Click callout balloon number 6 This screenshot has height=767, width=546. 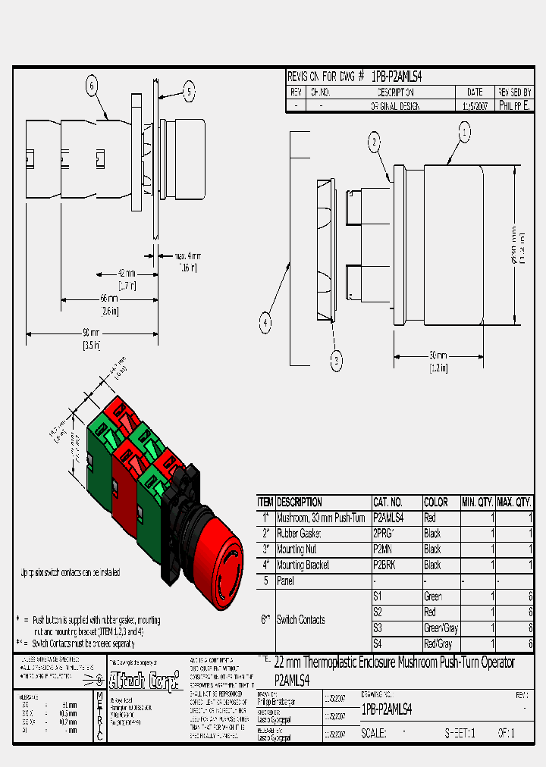(x=92, y=86)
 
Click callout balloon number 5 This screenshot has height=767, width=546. (x=189, y=92)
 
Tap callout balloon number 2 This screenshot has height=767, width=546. (x=375, y=141)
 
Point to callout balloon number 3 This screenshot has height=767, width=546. (x=337, y=362)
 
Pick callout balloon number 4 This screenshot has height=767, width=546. (x=265, y=323)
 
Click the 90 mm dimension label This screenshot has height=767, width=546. (x=91, y=333)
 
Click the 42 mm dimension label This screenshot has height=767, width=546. (x=127, y=274)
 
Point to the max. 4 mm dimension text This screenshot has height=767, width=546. (x=187, y=255)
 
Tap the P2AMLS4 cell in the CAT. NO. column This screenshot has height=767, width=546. (x=388, y=518)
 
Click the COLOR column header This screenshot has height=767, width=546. (x=436, y=502)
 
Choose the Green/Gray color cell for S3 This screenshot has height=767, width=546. (x=441, y=628)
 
